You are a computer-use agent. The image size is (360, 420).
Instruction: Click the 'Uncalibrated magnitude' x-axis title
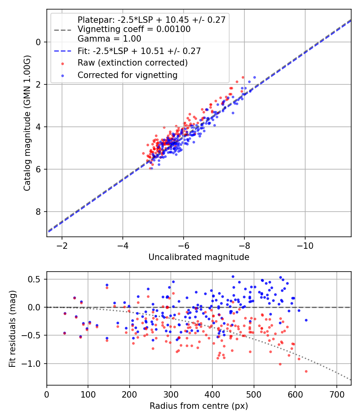[x=199, y=257]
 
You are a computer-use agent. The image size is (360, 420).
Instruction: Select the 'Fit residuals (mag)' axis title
[x=12, y=329]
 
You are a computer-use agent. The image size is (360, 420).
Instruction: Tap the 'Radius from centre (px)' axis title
[x=199, y=406]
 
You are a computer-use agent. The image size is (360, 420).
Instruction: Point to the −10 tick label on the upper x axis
[x=305, y=246]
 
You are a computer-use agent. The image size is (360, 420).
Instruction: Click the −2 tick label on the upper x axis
[x=62, y=246]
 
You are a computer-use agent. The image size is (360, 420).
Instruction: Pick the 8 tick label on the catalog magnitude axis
[x=38, y=212]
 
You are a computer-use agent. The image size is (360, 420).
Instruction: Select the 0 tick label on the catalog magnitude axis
[x=38, y=42]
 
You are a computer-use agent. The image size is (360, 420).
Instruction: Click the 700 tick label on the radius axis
[x=336, y=394]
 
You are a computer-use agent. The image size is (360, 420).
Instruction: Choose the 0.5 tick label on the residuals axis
[x=34, y=279]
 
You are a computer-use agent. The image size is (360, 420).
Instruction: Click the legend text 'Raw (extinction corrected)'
[x=132, y=63]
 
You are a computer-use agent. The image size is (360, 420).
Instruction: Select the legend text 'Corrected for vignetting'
[x=128, y=75]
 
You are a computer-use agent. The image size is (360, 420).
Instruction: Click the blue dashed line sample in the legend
[x=63, y=51]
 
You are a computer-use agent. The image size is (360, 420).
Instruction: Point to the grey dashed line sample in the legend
[x=63, y=30]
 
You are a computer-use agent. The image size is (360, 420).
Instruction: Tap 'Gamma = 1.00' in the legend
[x=109, y=38]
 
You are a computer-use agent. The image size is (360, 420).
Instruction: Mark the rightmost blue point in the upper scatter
[x=254, y=78]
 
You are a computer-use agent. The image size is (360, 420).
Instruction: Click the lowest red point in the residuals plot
[x=306, y=371]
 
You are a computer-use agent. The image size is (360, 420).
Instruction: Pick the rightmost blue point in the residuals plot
[x=306, y=320]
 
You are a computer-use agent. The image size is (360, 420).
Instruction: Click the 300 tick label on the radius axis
[x=171, y=394]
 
